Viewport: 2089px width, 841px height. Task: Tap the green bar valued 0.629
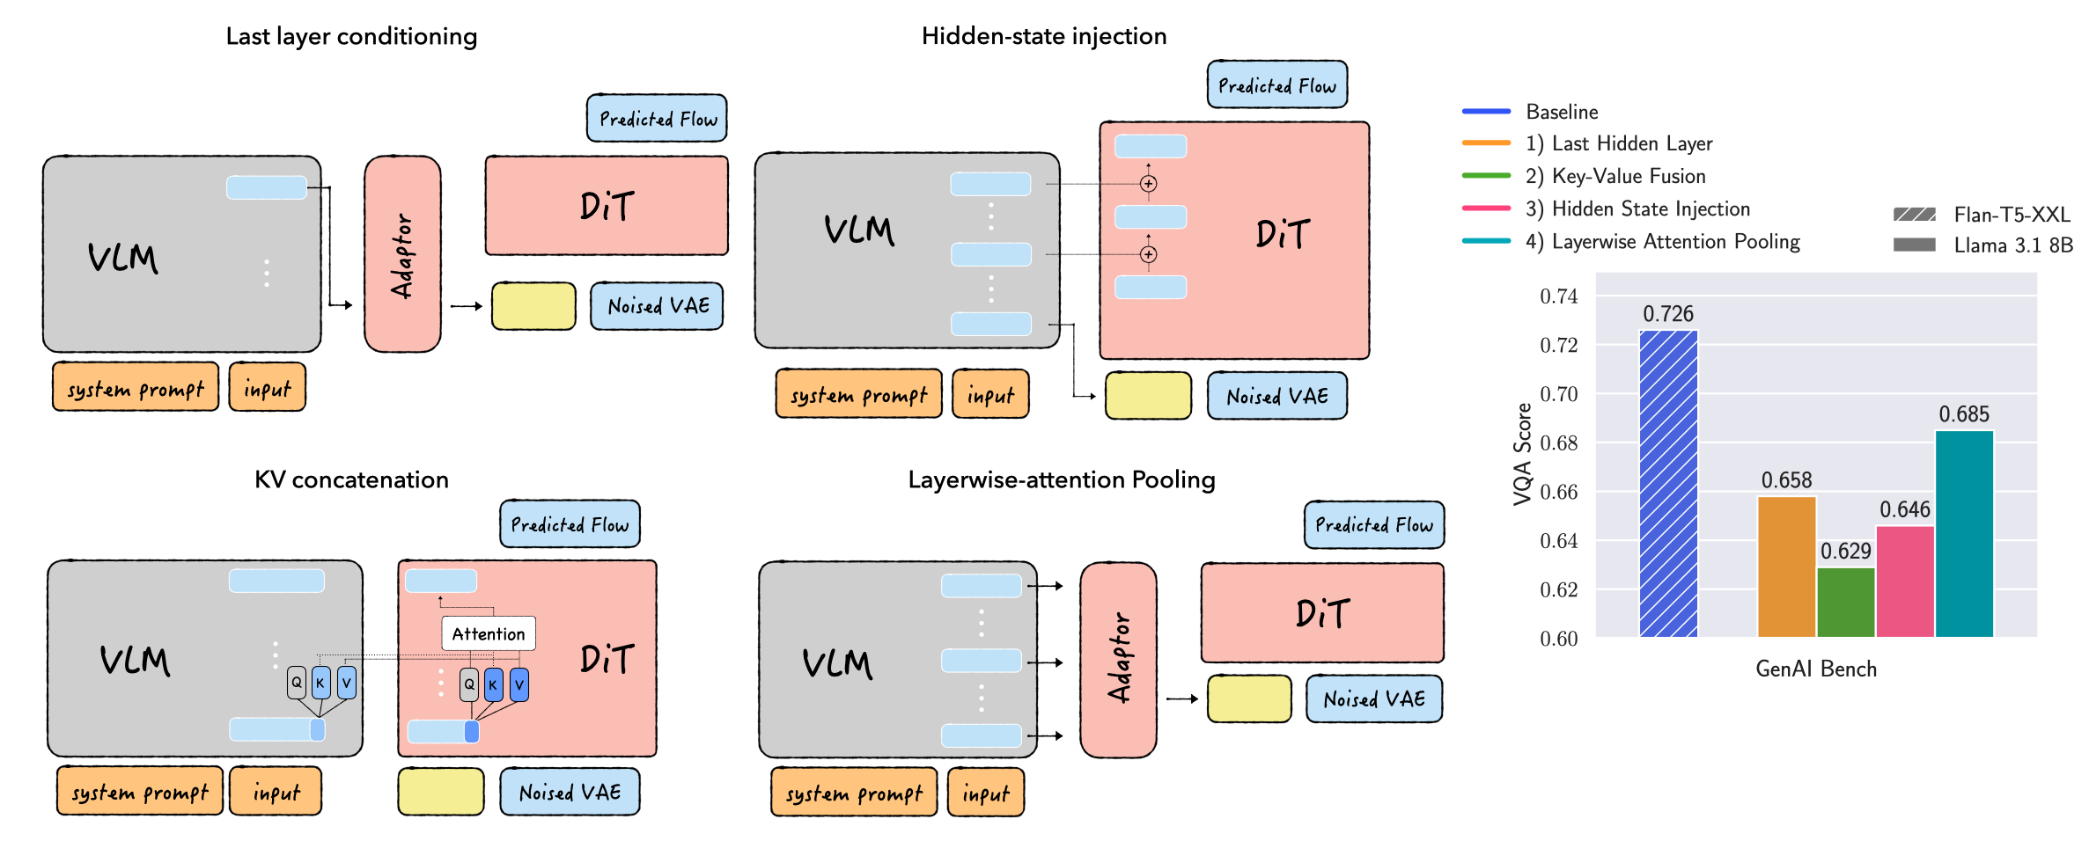tap(1845, 602)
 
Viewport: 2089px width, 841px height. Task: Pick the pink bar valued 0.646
tap(1904, 581)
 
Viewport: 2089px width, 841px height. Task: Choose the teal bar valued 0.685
tap(1964, 533)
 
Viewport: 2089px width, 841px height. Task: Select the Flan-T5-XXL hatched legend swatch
tap(1914, 215)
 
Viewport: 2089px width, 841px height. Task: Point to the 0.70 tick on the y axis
tap(1558, 394)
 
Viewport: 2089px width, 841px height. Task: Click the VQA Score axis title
tap(1522, 454)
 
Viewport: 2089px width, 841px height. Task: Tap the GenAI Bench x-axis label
tap(1816, 669)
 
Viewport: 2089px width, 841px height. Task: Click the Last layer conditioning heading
tap(351, 36)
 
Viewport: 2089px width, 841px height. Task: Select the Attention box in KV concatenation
tap(488, 633)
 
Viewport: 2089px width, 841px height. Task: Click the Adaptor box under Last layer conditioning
tap(402, 254)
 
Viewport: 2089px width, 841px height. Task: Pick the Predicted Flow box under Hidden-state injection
tap(1276, 85)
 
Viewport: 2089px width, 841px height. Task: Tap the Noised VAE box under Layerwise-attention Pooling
tap(1373, 699)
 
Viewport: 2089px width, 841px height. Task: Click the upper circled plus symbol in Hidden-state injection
tap(1148, 184)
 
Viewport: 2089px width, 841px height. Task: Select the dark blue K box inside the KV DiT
tap(493, 684)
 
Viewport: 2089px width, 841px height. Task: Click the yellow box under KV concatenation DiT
tap(440, 792)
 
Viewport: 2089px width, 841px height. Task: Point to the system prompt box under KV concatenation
tap(140, 792)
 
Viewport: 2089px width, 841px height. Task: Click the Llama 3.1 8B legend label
tap(2012, 245)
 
